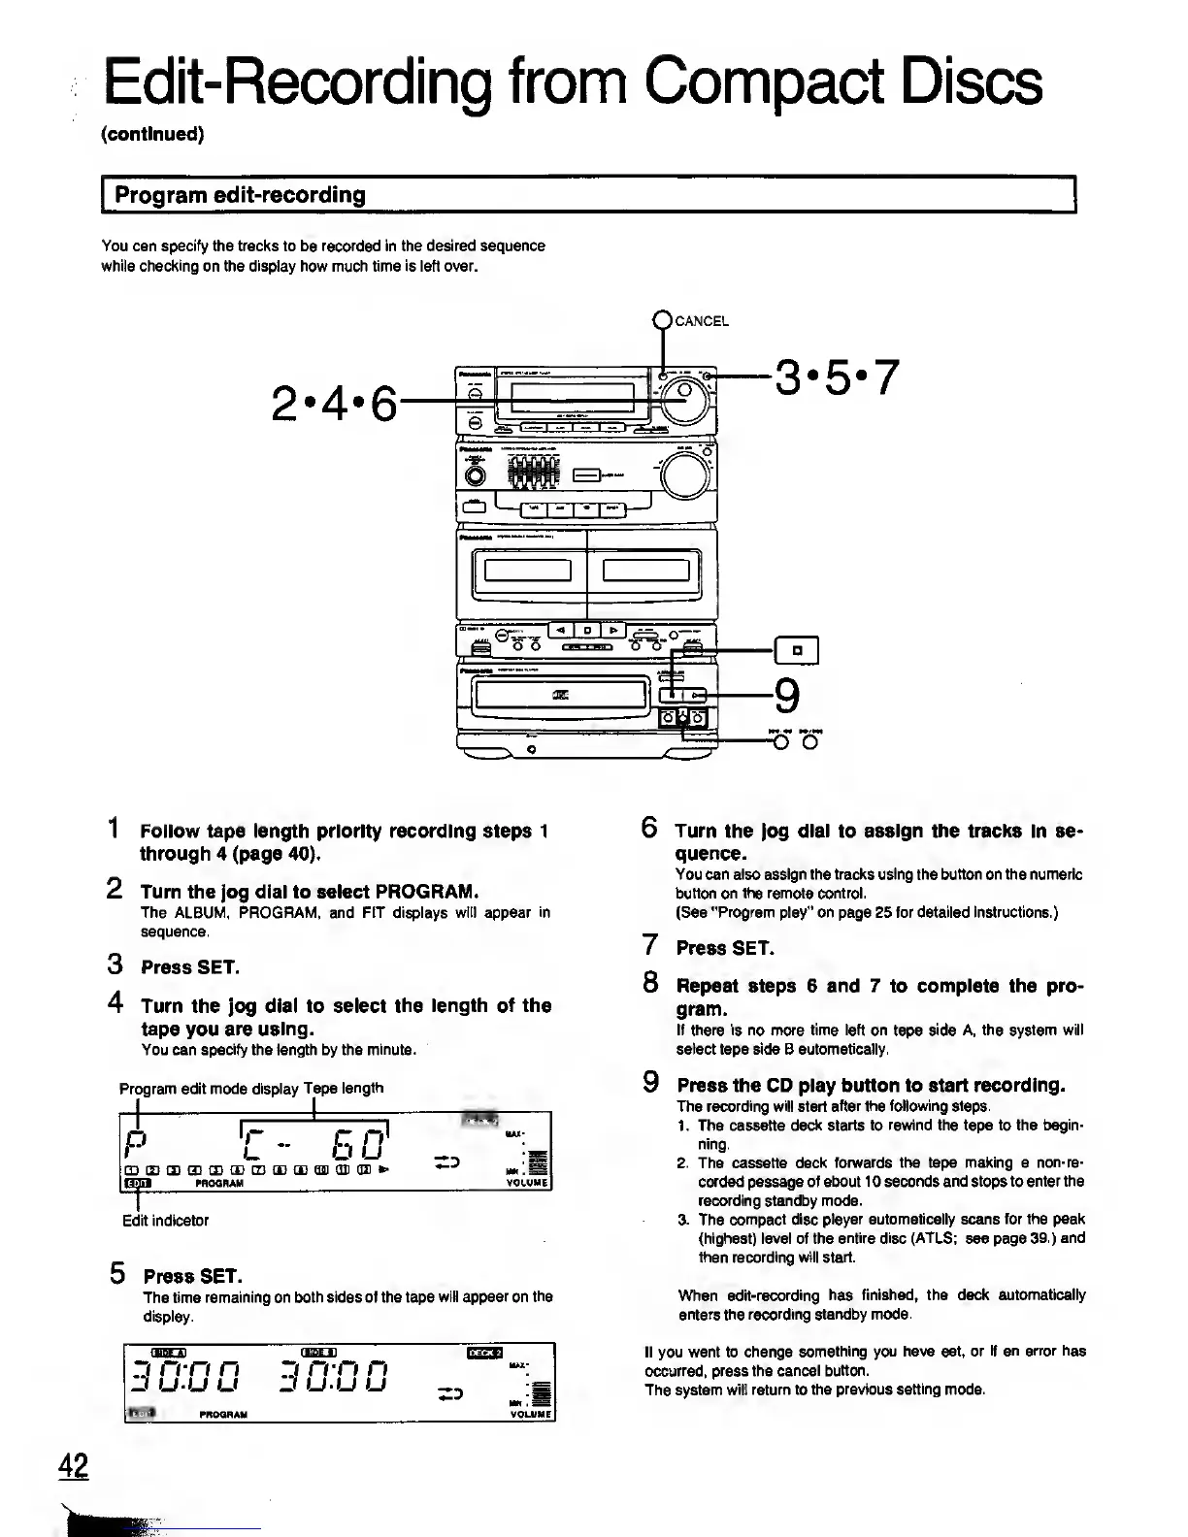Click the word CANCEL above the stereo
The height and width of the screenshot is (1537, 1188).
(x=701, y=321)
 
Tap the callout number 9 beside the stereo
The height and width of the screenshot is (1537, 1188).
(x=787, y=696)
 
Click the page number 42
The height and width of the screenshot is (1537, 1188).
(x=73, y=1466)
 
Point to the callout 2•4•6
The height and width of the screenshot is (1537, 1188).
(x=335, y=402)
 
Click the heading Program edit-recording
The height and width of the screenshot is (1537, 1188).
(x=241, y=195)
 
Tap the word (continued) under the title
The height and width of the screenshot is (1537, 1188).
(x=152, y=134)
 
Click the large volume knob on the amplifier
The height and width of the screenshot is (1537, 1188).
(x=685, y=473)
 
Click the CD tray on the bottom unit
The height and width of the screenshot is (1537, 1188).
(x=558, y=692)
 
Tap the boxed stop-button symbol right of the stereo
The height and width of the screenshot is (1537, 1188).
(x=797, y=649)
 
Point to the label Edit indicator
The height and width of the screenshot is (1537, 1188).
(x=165, y=1221)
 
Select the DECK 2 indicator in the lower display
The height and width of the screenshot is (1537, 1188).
(x=485, y=1354)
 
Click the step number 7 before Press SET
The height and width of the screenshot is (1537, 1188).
(x=651, y=946)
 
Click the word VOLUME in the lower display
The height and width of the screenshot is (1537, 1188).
(x=530, y=1415)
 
